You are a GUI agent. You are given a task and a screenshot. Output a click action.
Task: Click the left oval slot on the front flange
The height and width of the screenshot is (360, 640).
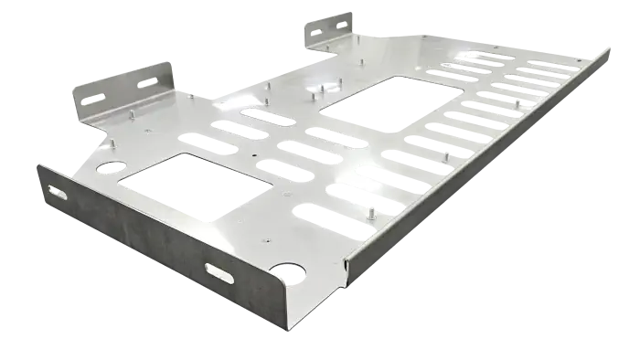click(58, 193)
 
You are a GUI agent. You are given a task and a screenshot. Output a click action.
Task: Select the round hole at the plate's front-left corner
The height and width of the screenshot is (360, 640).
click(112, 167)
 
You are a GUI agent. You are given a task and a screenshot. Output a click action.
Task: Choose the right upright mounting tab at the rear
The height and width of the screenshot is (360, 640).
click(331, 27)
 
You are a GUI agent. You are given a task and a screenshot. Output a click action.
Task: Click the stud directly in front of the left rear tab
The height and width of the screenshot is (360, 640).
click(133, 113)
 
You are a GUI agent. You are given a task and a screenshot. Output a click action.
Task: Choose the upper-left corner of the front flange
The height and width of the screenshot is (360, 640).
click(40, 164)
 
